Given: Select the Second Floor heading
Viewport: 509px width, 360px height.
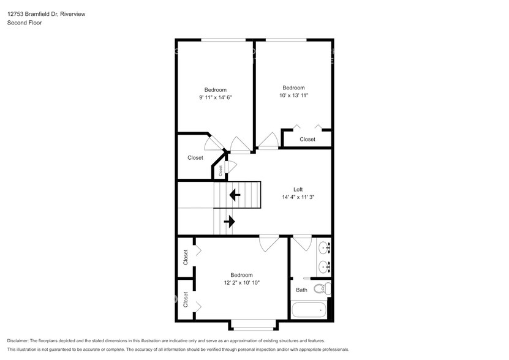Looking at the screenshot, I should coord(23,23).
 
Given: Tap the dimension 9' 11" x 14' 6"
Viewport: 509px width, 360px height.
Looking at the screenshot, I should coord(215,97).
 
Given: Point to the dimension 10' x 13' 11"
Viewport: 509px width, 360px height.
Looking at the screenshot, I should coord(293,95).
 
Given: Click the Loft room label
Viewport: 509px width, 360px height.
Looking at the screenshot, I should coord(298,189).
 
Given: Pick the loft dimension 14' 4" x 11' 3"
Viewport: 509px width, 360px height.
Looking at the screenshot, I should coord(298,197).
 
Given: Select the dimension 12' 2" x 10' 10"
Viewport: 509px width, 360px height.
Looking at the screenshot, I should coord(241,283).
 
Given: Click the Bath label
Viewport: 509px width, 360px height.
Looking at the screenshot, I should coord(301,290).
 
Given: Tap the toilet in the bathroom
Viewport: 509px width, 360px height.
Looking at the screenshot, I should coord(322,289).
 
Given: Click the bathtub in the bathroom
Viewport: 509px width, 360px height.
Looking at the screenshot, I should coord(310,310).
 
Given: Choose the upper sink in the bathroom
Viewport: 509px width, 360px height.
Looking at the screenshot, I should coord(324,249).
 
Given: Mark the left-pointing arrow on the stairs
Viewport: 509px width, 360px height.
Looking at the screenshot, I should coord(234,195).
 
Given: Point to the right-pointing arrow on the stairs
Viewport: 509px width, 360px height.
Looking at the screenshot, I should coord(230,221).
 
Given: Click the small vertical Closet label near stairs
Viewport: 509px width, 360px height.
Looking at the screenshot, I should coord(221,171).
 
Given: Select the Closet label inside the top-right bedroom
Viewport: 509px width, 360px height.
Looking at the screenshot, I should coord(307,139).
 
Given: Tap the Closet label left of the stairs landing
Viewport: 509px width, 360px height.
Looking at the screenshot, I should coord(195,157).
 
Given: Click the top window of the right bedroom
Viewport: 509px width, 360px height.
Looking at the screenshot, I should coord(285,40).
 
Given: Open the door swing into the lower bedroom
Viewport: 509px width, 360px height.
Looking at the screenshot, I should coord(268,243).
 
